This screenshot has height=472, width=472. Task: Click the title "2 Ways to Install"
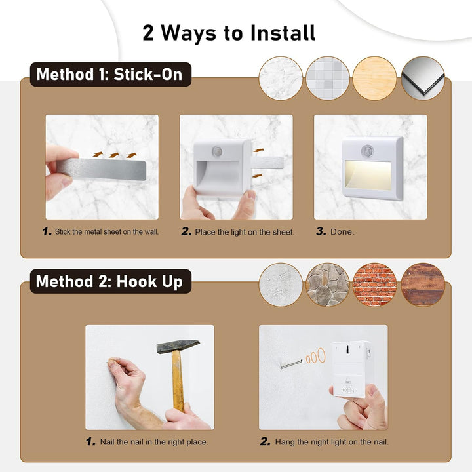229,33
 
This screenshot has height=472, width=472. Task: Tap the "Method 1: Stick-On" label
111,74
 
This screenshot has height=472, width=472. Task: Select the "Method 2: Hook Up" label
111,281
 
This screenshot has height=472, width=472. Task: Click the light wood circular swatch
374,78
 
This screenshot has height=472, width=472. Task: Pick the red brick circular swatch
374,285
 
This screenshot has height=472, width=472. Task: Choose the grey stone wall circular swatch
328,285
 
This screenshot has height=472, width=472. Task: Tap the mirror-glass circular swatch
423,78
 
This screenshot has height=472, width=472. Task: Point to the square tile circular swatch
328,78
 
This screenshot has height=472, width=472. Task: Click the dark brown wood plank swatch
423,285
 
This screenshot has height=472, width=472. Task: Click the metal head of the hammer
178,346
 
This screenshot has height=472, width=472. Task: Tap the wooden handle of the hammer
178,381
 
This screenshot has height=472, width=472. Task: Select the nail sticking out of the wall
291,364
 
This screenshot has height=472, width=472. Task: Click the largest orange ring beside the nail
321,355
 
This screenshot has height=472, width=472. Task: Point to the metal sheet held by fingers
102,169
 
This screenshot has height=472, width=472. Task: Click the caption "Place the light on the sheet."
245,232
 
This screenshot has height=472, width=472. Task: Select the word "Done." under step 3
342,232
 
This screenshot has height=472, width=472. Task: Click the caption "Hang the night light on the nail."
332,442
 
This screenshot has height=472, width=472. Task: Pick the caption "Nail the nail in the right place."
154,442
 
